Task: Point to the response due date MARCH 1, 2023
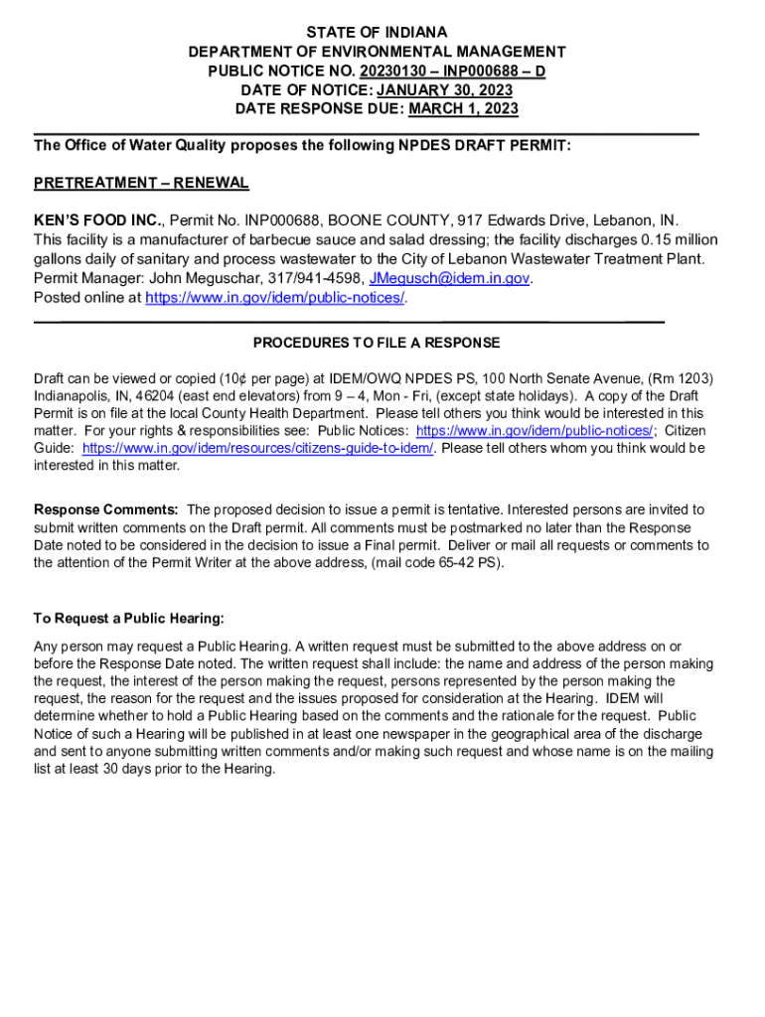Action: [x=463, y=108]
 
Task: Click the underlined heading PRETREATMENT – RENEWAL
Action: [x=141, y=183]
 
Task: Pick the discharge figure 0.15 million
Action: [x=680, y=239]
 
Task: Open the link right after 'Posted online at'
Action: [x=275, y=298]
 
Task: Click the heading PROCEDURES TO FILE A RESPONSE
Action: [x=377, y=343]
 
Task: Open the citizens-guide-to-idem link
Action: [x=258, y=448]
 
